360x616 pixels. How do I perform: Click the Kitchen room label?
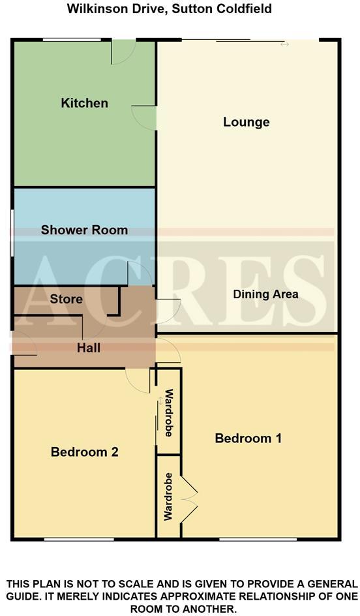point(84,103)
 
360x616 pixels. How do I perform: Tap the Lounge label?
point(246,122)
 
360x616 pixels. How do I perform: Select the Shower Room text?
point(84,230)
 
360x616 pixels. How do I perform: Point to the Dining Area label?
point(265,294)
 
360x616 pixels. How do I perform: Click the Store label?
point(66,299)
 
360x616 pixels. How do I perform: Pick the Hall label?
point(88,348)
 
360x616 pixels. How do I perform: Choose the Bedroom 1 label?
point(248,439)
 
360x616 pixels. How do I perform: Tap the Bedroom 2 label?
point(84,452)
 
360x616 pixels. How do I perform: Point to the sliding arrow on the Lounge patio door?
point(284,44)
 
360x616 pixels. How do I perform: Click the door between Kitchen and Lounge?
point(145,116)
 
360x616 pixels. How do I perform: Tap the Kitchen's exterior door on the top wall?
point(123,52)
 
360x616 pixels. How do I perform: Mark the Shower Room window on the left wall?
point(12,232)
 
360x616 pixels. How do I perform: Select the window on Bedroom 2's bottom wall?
point(78,539)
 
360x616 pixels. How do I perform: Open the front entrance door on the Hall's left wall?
point(24,344)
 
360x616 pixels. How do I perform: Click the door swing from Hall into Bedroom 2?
point(138,380)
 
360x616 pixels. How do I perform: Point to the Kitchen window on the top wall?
point(72,40)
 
